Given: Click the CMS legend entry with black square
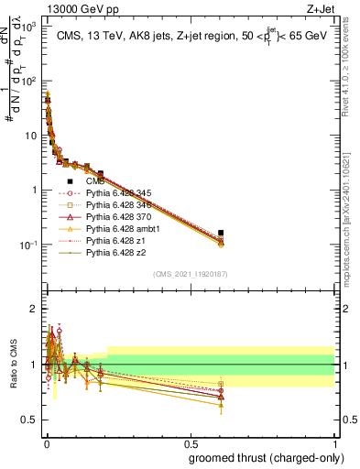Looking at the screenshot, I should tap(96, 180).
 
